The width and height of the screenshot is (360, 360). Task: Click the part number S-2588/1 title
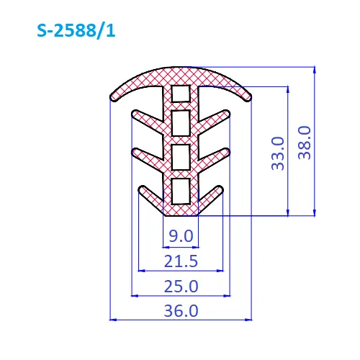click(x=76, y=31)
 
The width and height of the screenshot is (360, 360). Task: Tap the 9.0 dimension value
click(x=181, y=235)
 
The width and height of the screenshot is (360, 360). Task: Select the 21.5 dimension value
click(x=181, y=261)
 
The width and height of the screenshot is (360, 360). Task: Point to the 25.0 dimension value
click(x=181, y=286)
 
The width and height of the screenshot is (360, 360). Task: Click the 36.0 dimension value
click(x=181, y=311)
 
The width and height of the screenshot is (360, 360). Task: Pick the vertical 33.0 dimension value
click(x=278, y=153)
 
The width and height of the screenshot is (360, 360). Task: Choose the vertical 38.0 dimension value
click(x=305, y=143)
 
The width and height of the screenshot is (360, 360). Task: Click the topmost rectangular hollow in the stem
click(x=181, y=94)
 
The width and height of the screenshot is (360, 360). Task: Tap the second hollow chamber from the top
click(x=181, y=123)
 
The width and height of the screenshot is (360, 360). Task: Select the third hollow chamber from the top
click(x=181, y=157)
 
